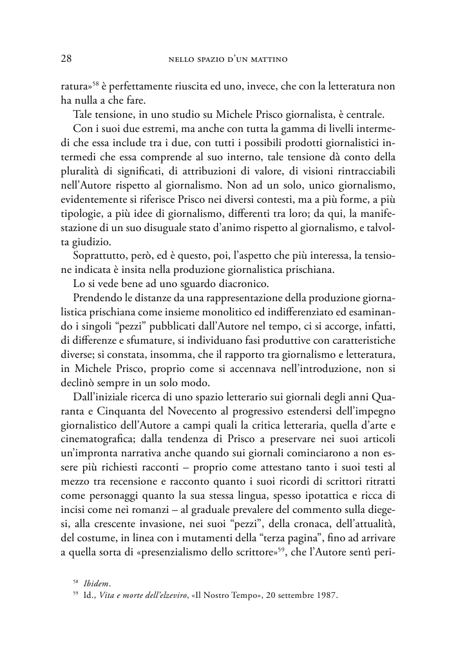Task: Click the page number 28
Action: pyautogui.click(x=65, y=59)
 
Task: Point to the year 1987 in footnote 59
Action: pyautogui.click(x=326, y=595)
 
